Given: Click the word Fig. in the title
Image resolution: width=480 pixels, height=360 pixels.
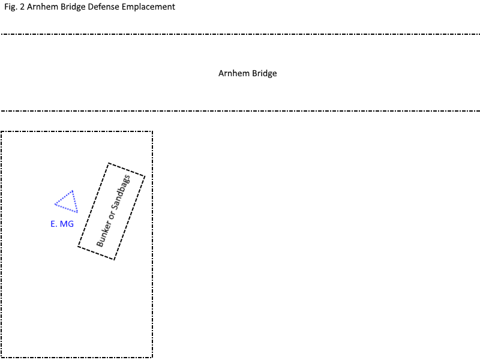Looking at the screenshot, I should pyautogui.click(x=11, y=7).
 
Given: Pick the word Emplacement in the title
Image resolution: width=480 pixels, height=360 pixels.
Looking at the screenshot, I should pyautogui.click(x=148, y=7).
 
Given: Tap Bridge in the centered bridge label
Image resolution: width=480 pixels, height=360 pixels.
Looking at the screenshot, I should pyautogui.click(x=264, y=74).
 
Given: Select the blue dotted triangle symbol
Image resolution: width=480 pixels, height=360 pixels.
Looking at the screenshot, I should pyautogui.click(x=67, y=202).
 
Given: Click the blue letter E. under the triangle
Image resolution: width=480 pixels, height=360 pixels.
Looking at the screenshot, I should pyautogui.click(x=53, y=224).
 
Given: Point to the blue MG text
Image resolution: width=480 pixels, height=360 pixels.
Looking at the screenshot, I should pyautogui.click(x=67, y=224).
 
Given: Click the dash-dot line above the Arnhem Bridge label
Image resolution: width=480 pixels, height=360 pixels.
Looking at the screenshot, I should pyautogui.click(x=240, y=34).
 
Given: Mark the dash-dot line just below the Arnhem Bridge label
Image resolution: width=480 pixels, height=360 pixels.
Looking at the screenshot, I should pyautogui.click(x=240, y=111).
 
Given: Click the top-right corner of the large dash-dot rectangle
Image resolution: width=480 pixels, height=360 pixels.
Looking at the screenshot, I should pyautogui.click(x=152, y=131).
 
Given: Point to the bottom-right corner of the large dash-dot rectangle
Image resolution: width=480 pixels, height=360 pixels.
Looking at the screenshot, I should pyautogui.click(x=152, y=357).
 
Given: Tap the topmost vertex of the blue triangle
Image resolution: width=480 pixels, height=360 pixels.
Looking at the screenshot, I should pyautogui.click(x=73, y=191).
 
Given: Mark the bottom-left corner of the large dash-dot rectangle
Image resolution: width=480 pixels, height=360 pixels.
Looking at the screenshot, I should pyautogui.click(x=1, y=357).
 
